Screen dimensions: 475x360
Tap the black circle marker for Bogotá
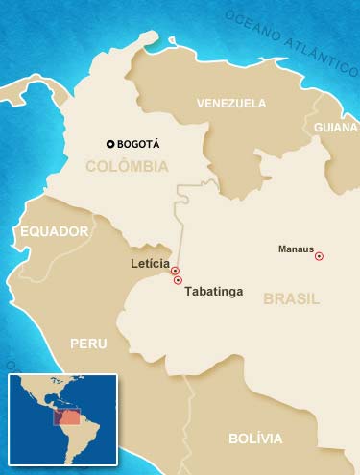pyautogui.click(x=110, y=144)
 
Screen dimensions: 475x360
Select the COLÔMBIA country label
pyautogui.click(x=127, y=167)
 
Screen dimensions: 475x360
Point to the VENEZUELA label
pyautogui.click(x=230, y=103)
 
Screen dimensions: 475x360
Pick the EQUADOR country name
pyautogui.click(x=54, y=231)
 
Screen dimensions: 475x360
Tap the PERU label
pyautogui.click(x=88, y=343)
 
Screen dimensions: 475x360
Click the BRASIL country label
pyautogui.click(x=292, y=298)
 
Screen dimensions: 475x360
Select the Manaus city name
pyautogui.click(x=296, y=249)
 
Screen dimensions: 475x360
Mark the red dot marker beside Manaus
pyautogui.click(x=319, y=256)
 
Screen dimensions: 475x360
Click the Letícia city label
pyautogui.click(x=149, y=263)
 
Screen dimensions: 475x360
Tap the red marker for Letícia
pyautogui.click(x=175, y=272)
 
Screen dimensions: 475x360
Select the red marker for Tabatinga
pyautogui.click(x=178, y=281)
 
